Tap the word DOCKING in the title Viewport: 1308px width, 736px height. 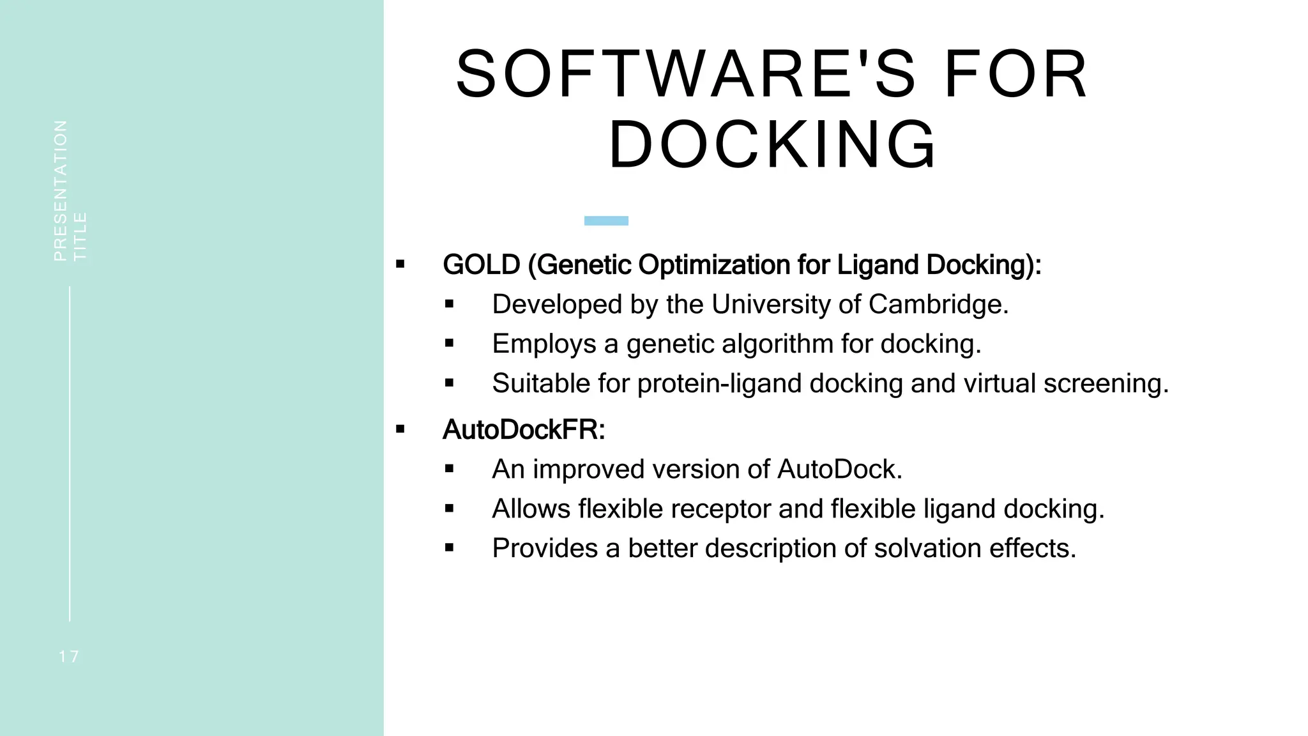pos(773,145)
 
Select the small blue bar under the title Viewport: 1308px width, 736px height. pos(606,221)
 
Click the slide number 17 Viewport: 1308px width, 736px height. pos(69,657)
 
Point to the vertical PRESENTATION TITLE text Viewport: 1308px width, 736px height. pos(70,191)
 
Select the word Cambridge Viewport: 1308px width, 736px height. pos(938,305)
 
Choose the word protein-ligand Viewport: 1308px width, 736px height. pos(719,384)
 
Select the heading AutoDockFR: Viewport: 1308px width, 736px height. pos(524,430)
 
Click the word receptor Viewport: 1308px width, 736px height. pos(674,509)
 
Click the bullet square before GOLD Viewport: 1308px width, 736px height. pos(400,264)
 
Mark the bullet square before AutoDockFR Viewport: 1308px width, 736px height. pos(400,429)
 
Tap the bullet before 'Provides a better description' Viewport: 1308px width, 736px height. pos(450,548)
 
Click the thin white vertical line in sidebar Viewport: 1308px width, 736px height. pos(70,454)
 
